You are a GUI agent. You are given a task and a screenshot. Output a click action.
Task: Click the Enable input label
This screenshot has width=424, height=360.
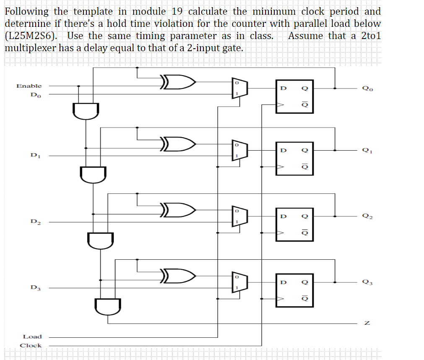(x=29, y=86)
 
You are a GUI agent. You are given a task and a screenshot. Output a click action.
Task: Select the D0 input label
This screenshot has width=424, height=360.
(x=36, y=95)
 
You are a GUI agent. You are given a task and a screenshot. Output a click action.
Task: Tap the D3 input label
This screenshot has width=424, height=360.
(x=36, y=288)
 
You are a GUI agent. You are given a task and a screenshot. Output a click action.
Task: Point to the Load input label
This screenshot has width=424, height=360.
(x=32, y=337)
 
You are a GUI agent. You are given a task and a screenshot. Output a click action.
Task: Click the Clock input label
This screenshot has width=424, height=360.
(x=31, y=345)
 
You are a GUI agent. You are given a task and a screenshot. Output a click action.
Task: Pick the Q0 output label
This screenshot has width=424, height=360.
(x=367, y=89)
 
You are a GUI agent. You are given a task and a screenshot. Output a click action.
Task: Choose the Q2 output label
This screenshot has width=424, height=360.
(x=367, y=217)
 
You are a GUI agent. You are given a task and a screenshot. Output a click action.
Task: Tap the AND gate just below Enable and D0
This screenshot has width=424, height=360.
(x=86, y=111)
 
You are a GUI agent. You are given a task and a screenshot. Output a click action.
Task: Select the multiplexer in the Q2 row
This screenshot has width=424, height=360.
(x=240, y=217)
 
